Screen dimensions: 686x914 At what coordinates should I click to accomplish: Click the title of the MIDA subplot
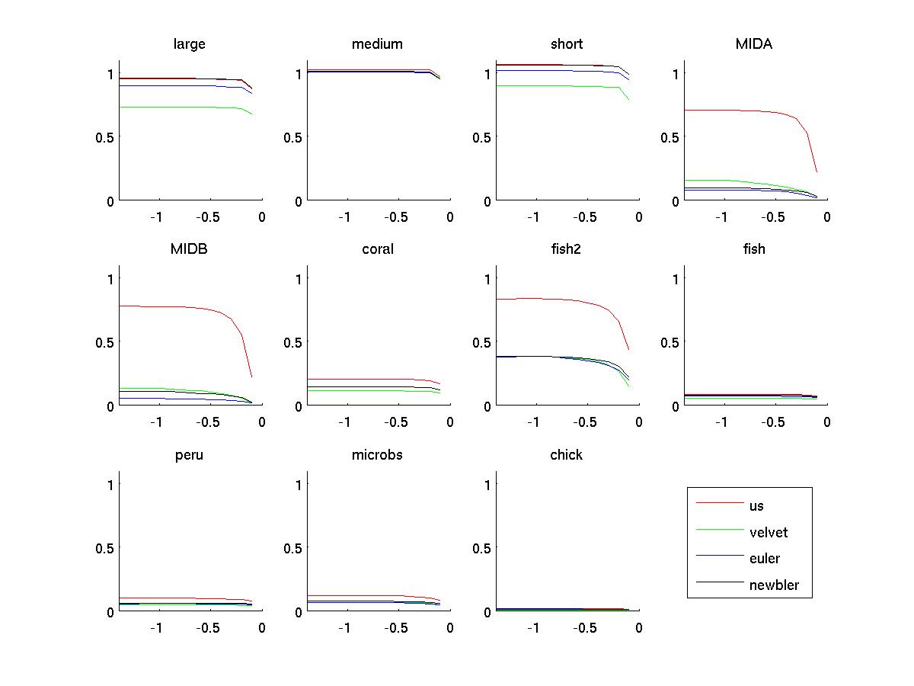(x=753, y=44)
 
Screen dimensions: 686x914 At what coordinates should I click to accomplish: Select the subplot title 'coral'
(x=378, y=249)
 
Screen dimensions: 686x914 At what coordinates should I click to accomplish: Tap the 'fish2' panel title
(x=566, y=249)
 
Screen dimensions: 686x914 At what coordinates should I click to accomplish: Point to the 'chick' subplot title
(x=566, y=455)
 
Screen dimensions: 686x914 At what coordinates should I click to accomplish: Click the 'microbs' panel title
(x=377, y=455)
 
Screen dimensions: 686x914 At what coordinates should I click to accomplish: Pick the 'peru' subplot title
(x=189, y=456)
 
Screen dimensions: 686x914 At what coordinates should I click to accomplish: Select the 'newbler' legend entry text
(x=774, y=585)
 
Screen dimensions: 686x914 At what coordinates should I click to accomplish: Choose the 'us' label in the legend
(x=756, y=505)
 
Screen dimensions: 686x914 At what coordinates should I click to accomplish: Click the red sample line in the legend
(x=720, y=503)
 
